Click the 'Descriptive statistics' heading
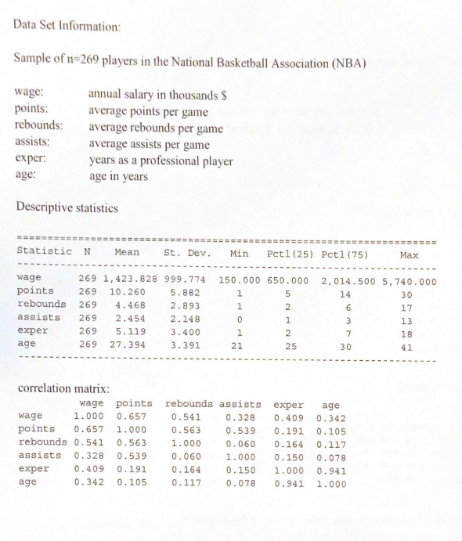tap(67, 207)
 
